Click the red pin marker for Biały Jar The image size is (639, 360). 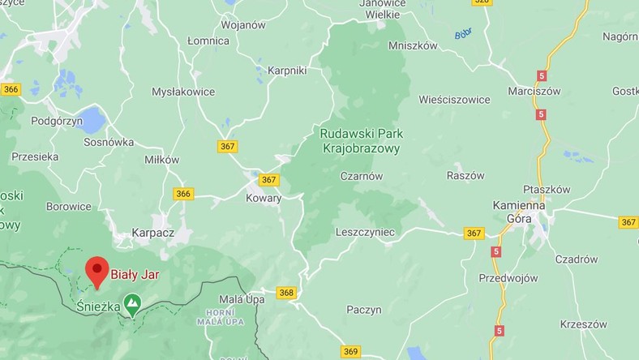coord(97,271)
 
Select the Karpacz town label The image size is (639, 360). coord(154,234)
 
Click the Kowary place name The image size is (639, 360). coord(264,198)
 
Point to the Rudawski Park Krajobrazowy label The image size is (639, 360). coord(362,140)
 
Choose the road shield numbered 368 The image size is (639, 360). coord(285,293)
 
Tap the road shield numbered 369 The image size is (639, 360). coord(350,351)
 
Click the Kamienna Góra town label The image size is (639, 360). coord(522,212)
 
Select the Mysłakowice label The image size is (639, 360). coord(183,92)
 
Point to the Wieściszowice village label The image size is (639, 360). coord(454,100)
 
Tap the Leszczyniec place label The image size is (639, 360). coord(365,232)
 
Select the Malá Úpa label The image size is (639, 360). coord(220,299)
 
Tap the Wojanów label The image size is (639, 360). coord(243,24)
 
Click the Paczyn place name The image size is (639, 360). coord(364,309)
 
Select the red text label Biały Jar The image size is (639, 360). coord(135,275)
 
